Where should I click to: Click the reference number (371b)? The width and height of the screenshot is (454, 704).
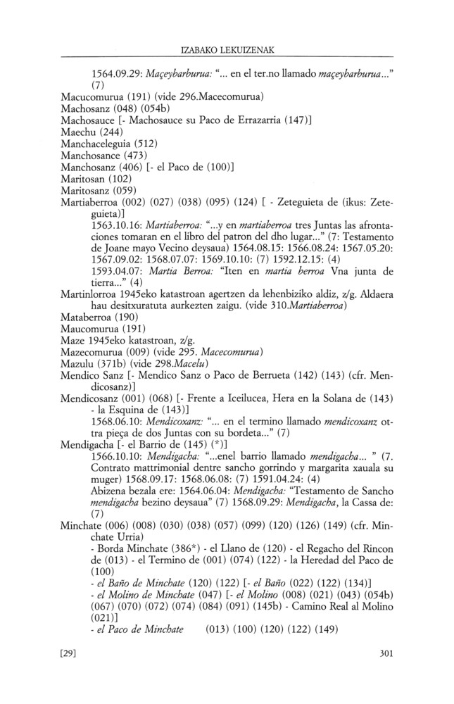click(115, 384)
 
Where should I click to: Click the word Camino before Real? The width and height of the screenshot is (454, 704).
click(315, 623)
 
